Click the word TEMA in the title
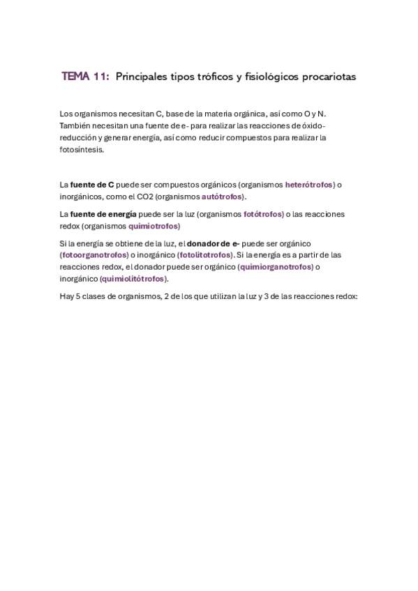[x=75, y=77]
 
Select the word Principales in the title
[x=141, y=77]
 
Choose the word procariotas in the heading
[x=329, y=77]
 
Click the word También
[x=75, y=125]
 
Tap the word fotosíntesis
[x=82, y=149]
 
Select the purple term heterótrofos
[x=309, y=185]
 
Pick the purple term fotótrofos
[x=263, y=214]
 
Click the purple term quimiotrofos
[x=154, y=226]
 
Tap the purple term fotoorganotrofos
[x=94, y=255]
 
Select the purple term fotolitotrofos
[x=205, y=255]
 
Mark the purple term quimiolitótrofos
[x=133, y=279]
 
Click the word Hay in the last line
[x=67, y=296]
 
